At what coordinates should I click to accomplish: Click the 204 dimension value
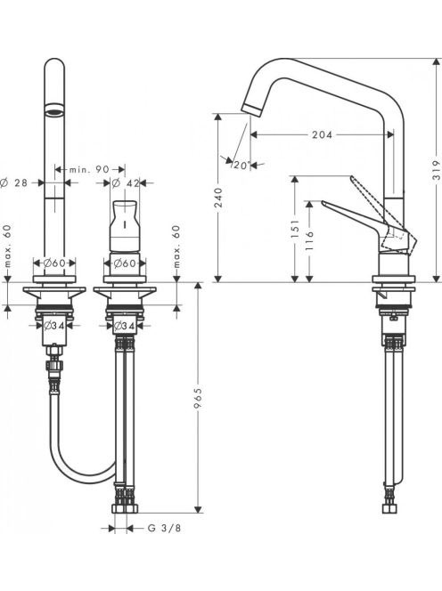click(x=322, y=134)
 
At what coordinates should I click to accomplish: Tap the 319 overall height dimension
click(x=436, y=170)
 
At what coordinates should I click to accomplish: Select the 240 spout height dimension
click(x=218, y=198)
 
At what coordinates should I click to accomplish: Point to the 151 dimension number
click(x=295, y=229)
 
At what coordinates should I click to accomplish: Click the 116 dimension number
click(x=309, y=241)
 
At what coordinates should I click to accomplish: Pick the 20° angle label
click(x=241, y=165)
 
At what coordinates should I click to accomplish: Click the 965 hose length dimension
click(x=198, y=397)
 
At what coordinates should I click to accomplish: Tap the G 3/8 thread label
click(x=164, y=528)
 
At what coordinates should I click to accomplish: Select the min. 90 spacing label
click(x=89, y=170)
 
